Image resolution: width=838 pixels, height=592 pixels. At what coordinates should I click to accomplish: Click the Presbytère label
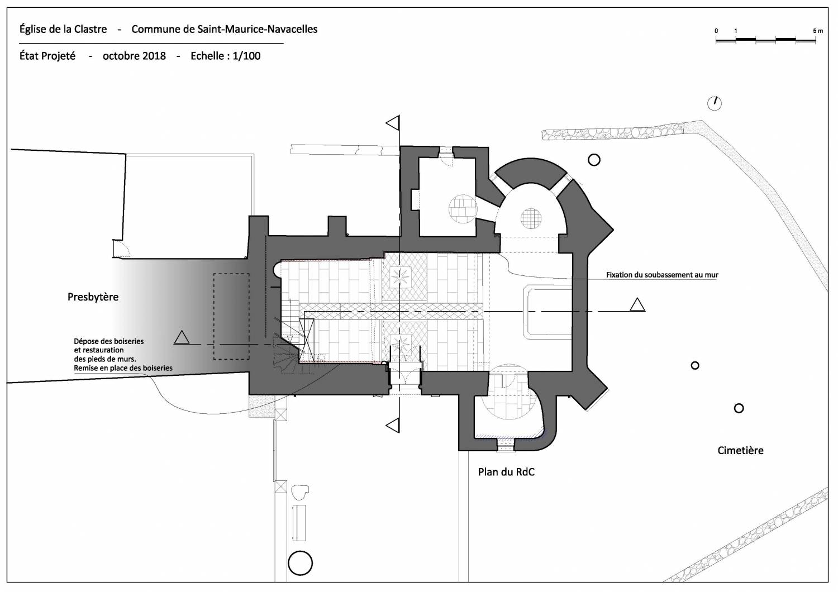93,297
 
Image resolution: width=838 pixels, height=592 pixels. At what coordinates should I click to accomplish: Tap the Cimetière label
740,450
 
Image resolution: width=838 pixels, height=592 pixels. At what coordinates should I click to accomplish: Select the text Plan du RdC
506,472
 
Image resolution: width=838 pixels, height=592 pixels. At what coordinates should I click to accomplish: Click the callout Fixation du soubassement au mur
662,275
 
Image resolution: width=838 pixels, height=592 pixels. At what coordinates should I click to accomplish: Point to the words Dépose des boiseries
109,341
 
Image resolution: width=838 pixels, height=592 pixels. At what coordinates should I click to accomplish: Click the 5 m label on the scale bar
818,31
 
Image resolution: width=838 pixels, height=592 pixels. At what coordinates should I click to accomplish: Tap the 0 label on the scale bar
716,31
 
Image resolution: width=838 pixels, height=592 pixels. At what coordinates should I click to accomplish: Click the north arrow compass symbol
714,103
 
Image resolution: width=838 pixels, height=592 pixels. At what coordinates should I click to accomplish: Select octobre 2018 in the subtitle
134,56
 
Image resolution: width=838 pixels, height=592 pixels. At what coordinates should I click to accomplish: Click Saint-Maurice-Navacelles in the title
258,29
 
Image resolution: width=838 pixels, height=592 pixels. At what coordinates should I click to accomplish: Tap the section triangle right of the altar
637,305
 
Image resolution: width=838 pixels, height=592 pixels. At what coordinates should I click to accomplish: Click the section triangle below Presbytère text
181,337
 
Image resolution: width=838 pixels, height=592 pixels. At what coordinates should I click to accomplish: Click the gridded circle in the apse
531,217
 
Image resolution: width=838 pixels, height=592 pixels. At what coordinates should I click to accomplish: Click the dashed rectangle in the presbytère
231,316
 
